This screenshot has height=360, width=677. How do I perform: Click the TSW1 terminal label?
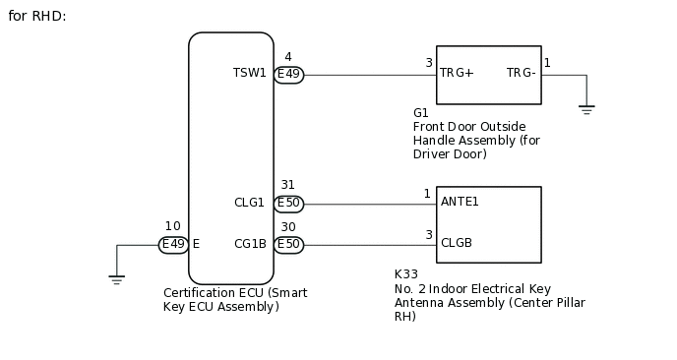pos(249,74)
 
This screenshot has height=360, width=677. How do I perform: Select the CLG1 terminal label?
pos(249,204)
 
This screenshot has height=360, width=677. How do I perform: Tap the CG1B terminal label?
pos(250,244)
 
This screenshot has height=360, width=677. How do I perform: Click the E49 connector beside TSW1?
pos(288,75)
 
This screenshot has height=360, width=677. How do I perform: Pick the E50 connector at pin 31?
pos(288,204)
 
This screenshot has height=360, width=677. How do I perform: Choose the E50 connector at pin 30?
pos(288,244)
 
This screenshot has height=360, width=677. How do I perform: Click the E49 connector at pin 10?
pos(173,244)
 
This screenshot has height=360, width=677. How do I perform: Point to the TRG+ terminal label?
pos(457,74)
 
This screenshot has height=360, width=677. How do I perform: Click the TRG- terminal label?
pos(522,74)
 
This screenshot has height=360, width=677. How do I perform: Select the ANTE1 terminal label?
pos(460,202)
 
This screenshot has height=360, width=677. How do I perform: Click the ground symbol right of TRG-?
pos(586,109)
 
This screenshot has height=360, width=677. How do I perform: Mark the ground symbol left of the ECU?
pos(116,280)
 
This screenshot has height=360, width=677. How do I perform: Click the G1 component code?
pos(421,113)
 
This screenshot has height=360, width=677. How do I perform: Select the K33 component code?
pos(404,274)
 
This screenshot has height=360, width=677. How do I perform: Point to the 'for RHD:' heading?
pos(37,17)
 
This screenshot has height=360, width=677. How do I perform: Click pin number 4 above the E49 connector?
pos(287,57)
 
